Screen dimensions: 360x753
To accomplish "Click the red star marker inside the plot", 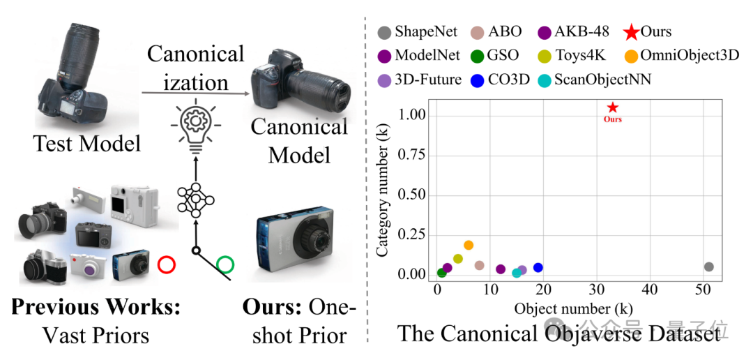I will click(x=612, y=107).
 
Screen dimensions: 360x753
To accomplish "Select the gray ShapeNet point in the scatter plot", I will click(x=709, y=267).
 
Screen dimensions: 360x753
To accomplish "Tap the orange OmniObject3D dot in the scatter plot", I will click(x=469, y=245).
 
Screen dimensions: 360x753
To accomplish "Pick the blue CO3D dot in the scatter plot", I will click(x=538, y=267).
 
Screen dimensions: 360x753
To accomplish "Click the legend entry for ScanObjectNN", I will click(x=595, y=80).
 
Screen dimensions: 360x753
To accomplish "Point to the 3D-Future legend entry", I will click(x=419, y=80).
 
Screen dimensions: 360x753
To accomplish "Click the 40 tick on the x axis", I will click(x=650, y=289).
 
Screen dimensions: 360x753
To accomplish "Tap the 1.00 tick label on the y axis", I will click(x=412, y=114).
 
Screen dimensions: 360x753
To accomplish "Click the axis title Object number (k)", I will click(x=573, y=308).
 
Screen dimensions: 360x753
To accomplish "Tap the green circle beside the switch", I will click(x=226, y=264).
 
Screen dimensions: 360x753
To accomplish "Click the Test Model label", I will click(x=86, y=144).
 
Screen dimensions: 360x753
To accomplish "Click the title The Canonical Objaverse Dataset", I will click(x=558, y=334).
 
